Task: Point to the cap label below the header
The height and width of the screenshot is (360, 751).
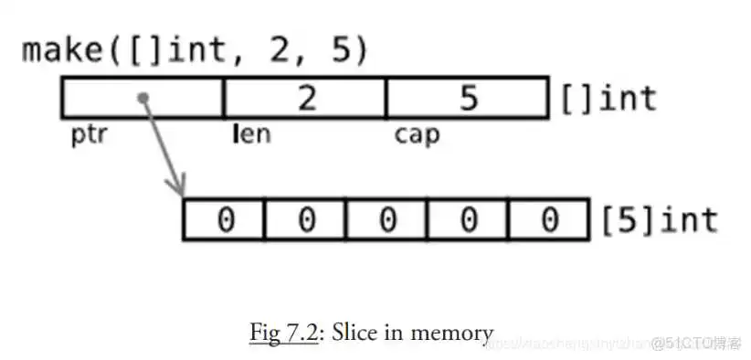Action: coord(416,135)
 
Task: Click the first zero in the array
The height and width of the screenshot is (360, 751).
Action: coord(224,220)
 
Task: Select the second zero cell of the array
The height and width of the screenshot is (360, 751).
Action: coord(305,220)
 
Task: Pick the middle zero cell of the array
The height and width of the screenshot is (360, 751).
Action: coord(386,220)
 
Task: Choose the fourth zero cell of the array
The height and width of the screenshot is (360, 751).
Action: coord(468,220)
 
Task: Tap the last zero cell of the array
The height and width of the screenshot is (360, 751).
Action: coord(548,220)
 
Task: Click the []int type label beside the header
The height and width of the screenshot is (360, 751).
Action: coord(608,97)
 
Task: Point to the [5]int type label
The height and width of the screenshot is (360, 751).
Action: coord(658,220)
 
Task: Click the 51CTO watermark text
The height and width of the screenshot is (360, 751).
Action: coord(701,344)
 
